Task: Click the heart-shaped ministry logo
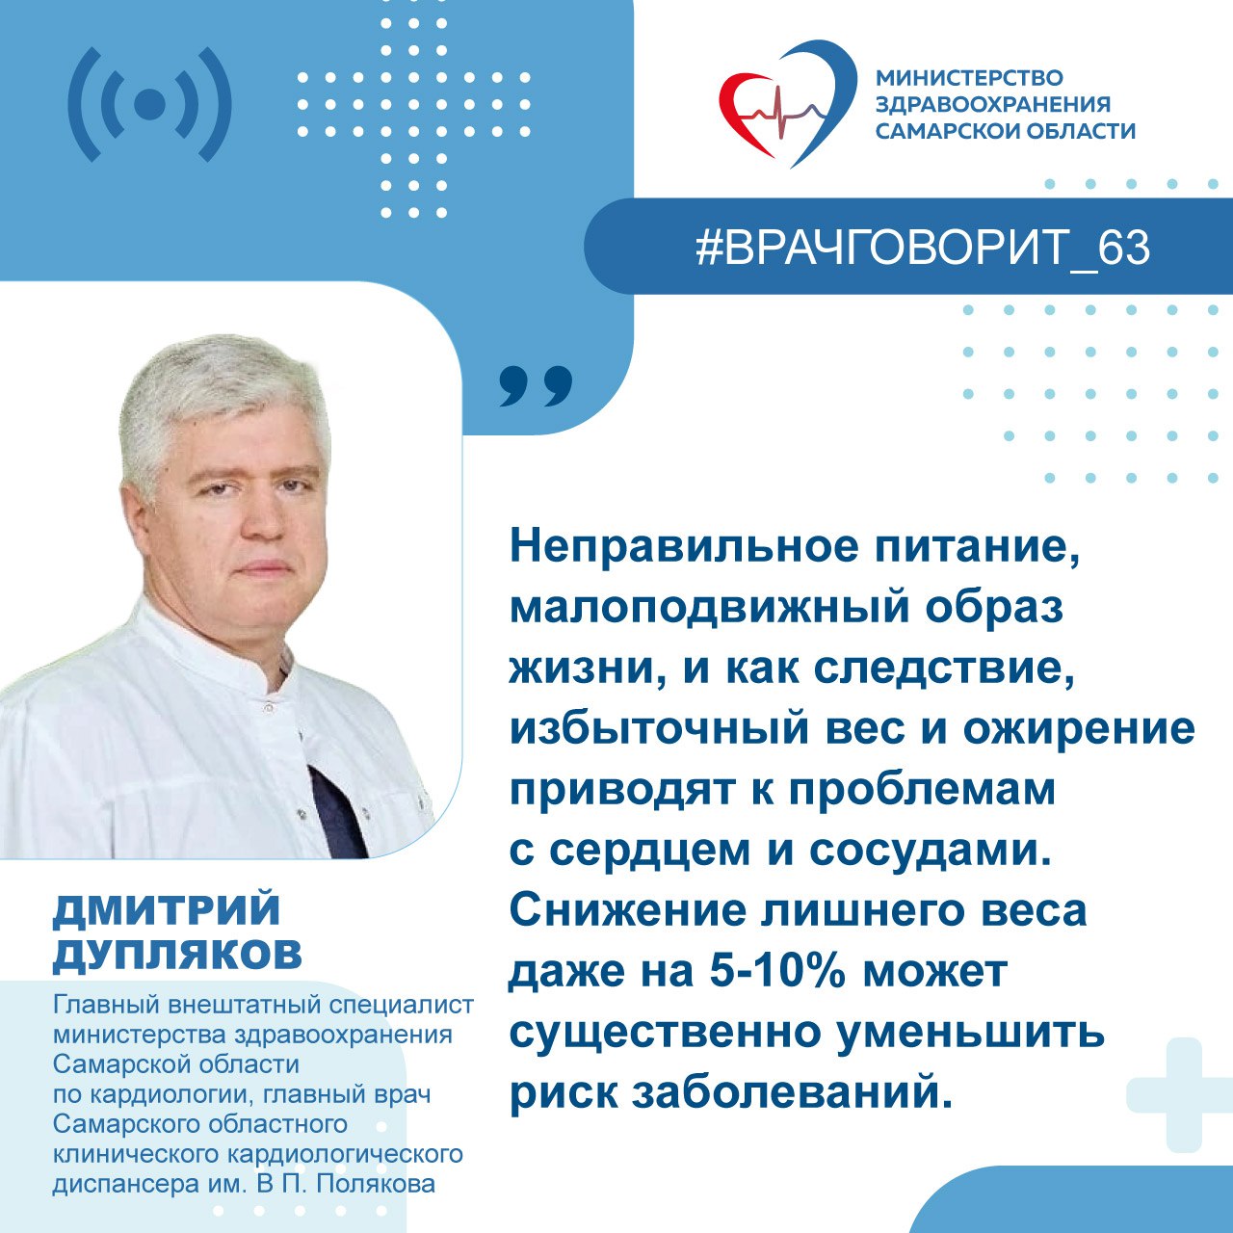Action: click(x=787, y=102)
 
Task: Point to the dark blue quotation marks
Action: click(x=536, y=386)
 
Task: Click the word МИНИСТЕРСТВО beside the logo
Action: click(x=969, y=77)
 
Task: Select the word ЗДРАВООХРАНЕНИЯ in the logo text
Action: click(x=993, y=104)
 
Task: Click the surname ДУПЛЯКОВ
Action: click(x=177, y=956)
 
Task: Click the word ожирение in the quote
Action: click(x=1080, y=729)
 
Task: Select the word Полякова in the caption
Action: click(x=377, y=1185)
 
